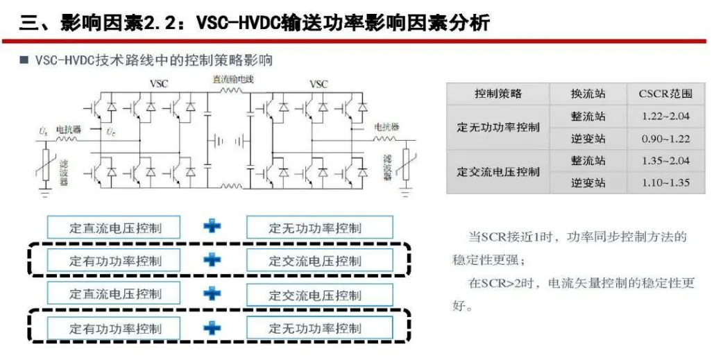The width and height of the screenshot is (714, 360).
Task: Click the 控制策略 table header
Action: pos(498,94)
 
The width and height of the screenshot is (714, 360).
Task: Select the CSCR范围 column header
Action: pos(665,94)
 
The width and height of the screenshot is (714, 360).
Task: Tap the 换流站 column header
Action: pos(588,94)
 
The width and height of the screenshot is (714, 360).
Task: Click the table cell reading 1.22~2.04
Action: pos(665,116)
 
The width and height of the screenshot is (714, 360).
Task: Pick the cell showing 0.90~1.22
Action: pos(665,139)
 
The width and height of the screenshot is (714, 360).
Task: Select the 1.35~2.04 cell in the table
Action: pos(665,161)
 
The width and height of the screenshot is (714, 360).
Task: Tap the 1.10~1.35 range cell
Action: pos(665,183)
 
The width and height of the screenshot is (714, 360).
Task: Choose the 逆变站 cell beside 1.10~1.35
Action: pos(588,183)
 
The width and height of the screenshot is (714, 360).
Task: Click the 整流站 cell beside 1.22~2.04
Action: pos(588,116)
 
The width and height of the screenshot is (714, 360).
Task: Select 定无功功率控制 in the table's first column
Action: pos(498,128)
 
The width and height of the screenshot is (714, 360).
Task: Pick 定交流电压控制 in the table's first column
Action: pos(498,172)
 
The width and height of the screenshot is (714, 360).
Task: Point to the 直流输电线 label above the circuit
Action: pos(232,79)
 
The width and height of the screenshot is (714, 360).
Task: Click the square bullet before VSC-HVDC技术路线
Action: pos(24,60)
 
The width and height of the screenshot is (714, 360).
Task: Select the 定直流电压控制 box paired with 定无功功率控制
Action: pos(114,228)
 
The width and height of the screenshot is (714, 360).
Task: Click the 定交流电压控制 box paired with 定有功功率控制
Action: pos(319,261)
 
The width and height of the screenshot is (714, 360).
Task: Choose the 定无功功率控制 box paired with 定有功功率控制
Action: pos(319,328)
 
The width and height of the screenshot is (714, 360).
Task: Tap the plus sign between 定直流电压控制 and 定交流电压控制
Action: pos(213,293)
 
